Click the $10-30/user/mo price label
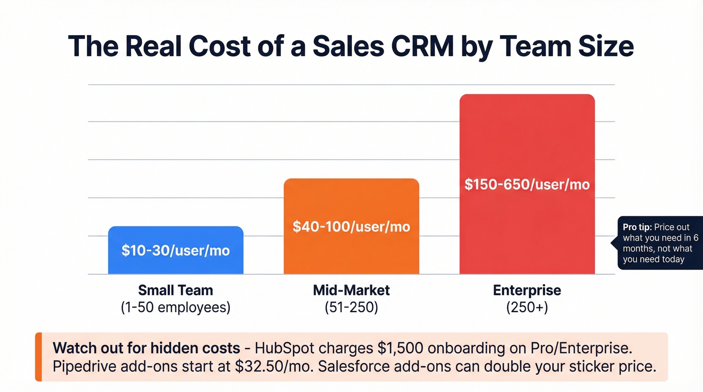[x=176, y=250]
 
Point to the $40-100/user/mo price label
[x=351, y=226]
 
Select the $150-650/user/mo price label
[x=527, y=184]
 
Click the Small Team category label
[x=176, y=290]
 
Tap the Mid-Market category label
[x=351, y=290]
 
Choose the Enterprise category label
[x=527, y=290]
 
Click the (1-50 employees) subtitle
[x=176, y=307]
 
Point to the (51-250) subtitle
[x=351, y=307]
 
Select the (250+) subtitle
[x=527, y=307]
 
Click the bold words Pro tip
[x=637, y=227]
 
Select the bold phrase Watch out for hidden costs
[x=146, y=348]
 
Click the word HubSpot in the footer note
[x=284, y=348]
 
